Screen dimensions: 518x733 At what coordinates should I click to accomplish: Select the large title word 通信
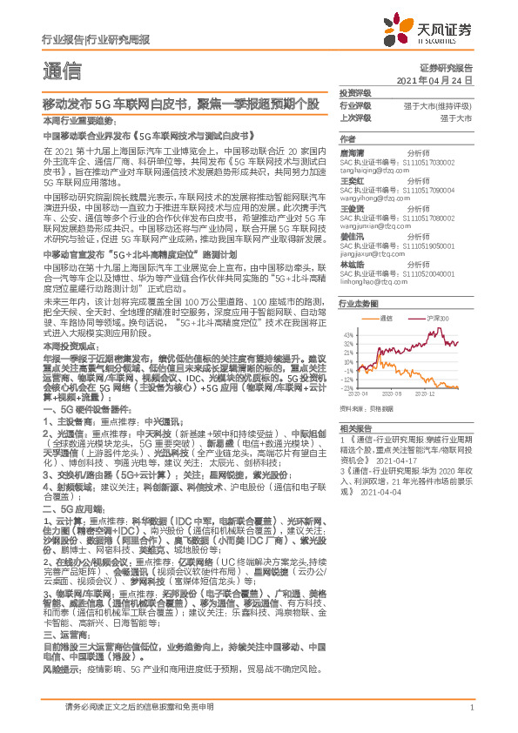(62, 70)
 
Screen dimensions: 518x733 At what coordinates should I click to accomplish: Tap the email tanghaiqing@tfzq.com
(369, 172)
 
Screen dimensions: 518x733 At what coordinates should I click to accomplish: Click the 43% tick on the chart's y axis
(348, 333)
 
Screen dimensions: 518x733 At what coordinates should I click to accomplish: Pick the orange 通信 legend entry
(387, 319)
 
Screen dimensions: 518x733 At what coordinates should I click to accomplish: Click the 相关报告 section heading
(355, 428)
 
